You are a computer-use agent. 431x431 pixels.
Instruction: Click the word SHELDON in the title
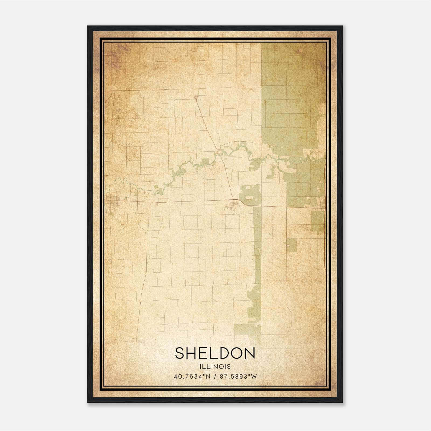point(215,353)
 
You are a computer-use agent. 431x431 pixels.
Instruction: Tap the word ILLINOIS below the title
point(215,367)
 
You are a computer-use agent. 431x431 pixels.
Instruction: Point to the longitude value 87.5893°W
point(238,377)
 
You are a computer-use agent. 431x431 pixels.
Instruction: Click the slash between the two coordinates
point(215,377)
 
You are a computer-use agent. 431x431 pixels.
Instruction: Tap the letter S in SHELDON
point(180,353)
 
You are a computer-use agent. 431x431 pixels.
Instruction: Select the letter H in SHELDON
point(192,353)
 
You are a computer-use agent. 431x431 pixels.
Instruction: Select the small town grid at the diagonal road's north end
point(196,96)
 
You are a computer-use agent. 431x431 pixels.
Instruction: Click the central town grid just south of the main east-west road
point(232,207)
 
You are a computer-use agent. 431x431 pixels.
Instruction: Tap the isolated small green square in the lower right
point(291,245)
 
